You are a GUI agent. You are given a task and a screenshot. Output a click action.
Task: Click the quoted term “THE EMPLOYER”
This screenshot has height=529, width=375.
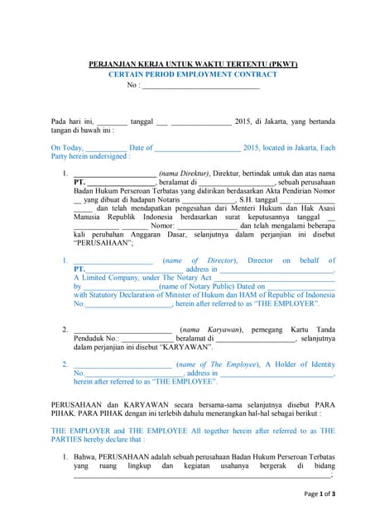tap(291, 304)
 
